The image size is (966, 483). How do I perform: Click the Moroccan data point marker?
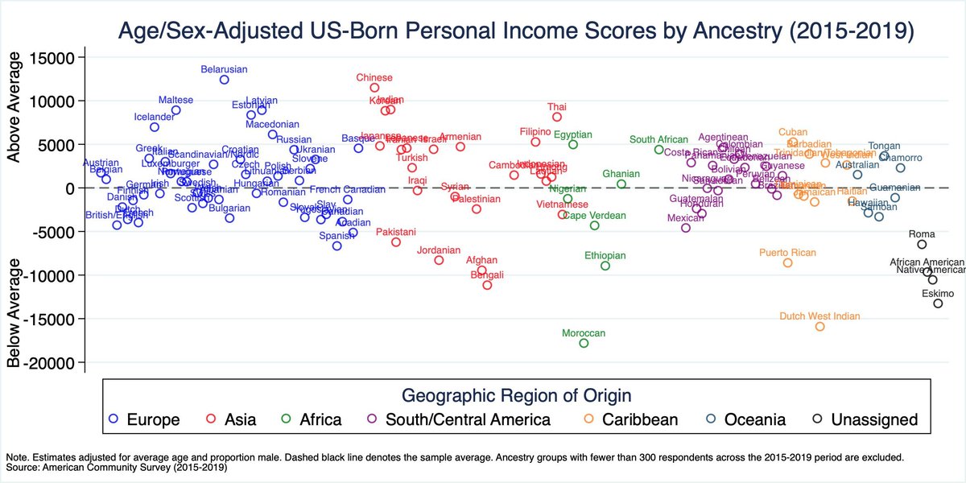tap(584, 344)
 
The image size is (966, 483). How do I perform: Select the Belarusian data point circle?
tap(225, 80)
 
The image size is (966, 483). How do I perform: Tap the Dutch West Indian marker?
tap(820, 327)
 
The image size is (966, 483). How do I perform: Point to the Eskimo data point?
tap(938, 303)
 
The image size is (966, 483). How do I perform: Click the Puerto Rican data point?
tap(788, 263)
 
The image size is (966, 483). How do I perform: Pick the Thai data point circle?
tap(557, 118)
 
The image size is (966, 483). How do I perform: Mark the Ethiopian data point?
tap(605, 266)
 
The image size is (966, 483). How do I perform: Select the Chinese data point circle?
tap(374, 88)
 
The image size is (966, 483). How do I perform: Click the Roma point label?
tap(922, 234)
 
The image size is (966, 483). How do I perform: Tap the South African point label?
tap(658, 139)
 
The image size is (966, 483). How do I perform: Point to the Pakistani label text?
tap(395, 232)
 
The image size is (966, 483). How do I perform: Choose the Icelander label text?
tap(154, 117)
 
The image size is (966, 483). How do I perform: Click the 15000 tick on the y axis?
tap(52, 58)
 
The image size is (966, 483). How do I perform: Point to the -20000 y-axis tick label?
tap(50, 362)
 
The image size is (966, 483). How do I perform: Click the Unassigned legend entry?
tap(865, 419)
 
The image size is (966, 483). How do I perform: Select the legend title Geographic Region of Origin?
tap(516, 395)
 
